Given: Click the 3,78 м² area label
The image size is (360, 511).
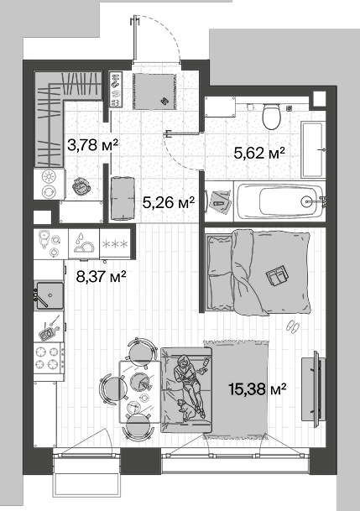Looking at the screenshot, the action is pyautogui.click(x=92, y=144).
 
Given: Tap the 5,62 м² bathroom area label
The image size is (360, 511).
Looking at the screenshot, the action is pyautogui.click(x=259, y=152).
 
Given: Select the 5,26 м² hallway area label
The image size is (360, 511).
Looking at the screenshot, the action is pyautogui.click(x=169, y=202).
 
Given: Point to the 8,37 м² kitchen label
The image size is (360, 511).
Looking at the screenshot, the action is pyautogui.click(x=101, y=277).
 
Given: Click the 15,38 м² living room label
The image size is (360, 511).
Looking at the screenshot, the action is pyautogui.click(x=258, y=388).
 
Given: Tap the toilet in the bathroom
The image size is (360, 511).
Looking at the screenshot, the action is pyautogui.click(x=271, y=116).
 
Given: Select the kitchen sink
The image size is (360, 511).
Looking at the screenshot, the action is pyautogui.click(x=50, y=295).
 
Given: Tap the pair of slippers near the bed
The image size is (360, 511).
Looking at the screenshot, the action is pyautogui.click(x=292, y=326).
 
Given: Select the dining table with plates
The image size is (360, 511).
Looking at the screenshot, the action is pyautogui.click(x=140, y=391).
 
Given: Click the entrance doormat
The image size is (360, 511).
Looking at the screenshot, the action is pyautogui.click(x=154, y=91).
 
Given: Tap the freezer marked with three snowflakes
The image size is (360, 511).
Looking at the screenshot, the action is pyautogui.click(x=115, y=243).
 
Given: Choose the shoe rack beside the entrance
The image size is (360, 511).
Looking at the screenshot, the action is pyautogui.click(x=115, y=89).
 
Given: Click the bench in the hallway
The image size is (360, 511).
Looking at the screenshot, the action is pyautogui.click(x=123, y=199).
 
